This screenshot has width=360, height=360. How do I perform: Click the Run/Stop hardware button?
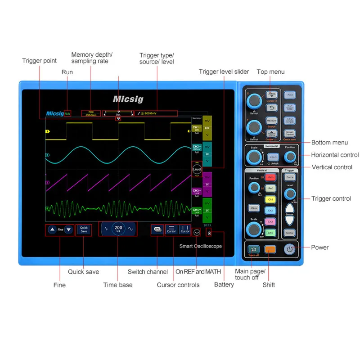pyautogui.click(x=290, y=108)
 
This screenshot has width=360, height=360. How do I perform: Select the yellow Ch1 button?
pyautogui.click(x=270, y=199)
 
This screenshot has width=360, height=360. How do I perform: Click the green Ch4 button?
pyautogui.click(x=270, y=232)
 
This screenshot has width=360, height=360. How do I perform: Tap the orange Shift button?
pyautogui.click(x=270, y=249)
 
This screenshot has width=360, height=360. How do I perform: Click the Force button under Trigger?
pyautogui.click(x=290, y=177)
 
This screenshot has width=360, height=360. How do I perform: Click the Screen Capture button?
pyautogui.click(x=290, y=133)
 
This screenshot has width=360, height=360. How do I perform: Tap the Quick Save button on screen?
pyautogui.click(x=84, y=229)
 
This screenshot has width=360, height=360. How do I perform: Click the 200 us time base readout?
pyautogui.click(x=118, y=229)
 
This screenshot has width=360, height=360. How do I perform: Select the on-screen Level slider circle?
pyautogui.click(x=197, y=169)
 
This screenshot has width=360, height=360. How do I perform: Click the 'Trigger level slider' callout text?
pyautogui.click(x=224, y=72)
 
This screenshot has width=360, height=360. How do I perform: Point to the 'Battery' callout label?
pyautogui.click(x=224, y=284)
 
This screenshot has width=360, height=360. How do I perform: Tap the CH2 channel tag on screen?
pyautogui.click(x=196, y=148)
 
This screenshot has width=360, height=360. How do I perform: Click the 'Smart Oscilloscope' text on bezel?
pyautogui.click(x=200, y=246)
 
